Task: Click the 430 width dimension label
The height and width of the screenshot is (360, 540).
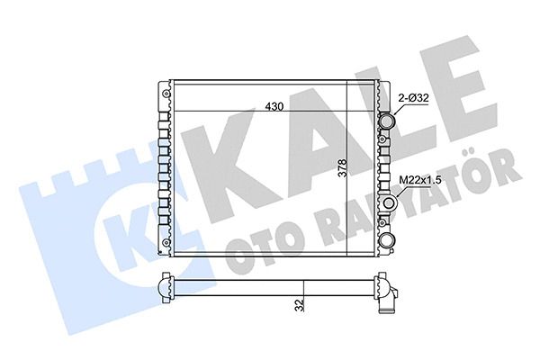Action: (274, 106)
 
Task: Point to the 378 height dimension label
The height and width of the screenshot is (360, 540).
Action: (342, 167)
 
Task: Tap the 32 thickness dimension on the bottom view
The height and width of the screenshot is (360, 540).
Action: (301, 305)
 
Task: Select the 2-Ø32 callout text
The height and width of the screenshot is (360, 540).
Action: (413, 98)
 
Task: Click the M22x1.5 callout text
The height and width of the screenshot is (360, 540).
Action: (419, 180)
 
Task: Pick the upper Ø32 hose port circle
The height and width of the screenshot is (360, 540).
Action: (387, 121)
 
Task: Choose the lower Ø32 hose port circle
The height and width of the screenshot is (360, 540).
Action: (387, 239)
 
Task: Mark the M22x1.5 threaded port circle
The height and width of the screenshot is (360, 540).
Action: (389, 203)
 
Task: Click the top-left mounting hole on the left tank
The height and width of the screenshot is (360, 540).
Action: (166, 94)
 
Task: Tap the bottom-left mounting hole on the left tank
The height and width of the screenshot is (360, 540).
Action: (166, 242)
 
